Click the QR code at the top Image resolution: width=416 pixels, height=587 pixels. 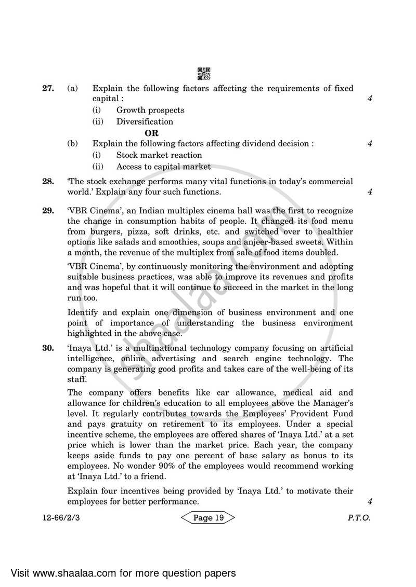pos(204,74)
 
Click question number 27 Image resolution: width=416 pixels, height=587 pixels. pos(48,89)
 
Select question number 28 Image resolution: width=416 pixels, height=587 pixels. pos(48,182)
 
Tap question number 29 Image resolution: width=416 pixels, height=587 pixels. pos(48,211)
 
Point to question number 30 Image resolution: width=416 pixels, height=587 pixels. pos(48,348)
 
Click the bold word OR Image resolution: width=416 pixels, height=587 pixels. pos(151,133)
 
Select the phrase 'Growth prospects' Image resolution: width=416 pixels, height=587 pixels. pos(150,110)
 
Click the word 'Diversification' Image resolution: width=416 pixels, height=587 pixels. pos(145,121)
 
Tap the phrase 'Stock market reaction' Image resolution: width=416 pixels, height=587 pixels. pos(159,155)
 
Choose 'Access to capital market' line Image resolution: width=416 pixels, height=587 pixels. pos(163,167)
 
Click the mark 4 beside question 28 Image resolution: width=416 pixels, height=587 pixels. pos(369,192)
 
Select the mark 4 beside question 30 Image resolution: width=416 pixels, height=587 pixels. pos(369,502)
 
